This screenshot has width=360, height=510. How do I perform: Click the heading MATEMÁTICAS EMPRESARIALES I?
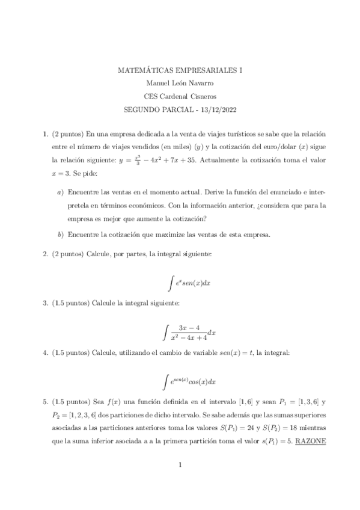click(180, 70)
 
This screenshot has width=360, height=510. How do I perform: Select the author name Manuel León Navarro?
click(180, 83)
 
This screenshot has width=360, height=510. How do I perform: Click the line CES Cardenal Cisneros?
click(180, 96)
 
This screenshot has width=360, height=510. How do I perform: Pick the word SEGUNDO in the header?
click(142, 109)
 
